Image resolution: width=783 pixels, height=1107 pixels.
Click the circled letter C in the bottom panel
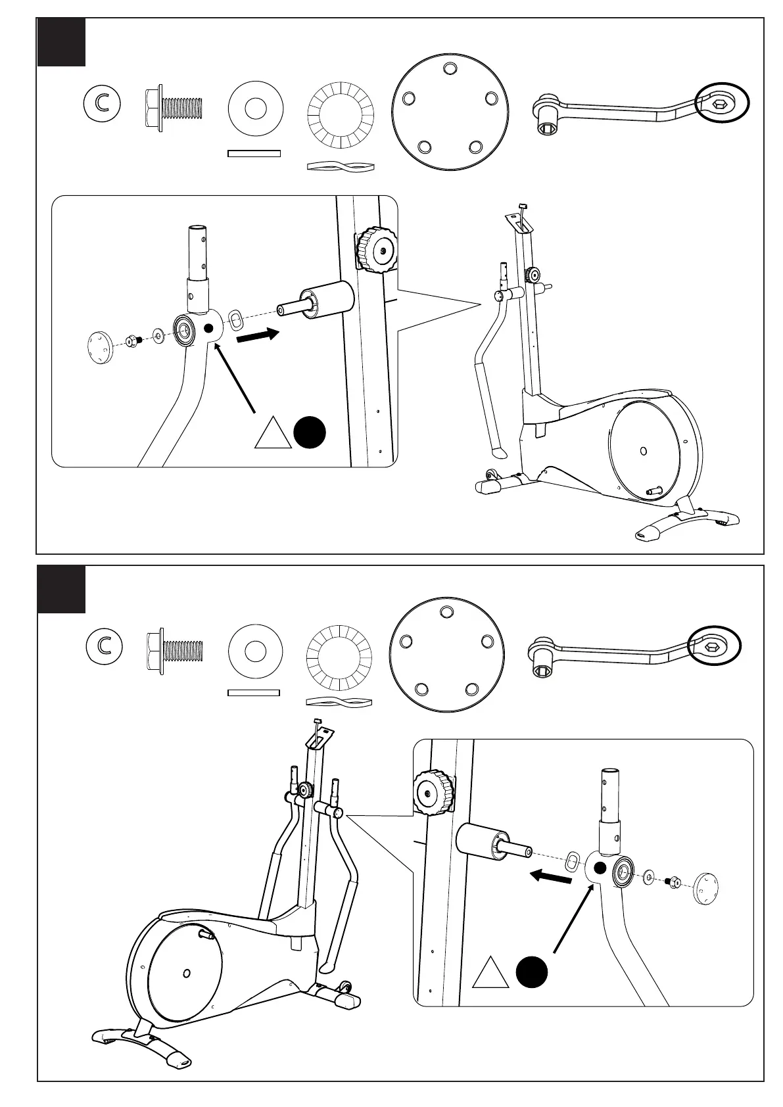click(x=104, y=645)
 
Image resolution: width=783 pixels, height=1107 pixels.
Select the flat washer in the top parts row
click(x=255, y=109)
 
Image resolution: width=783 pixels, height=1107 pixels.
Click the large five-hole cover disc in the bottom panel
click(x=446, y=654)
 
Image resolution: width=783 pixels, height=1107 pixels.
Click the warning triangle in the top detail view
click(x=273, y=435)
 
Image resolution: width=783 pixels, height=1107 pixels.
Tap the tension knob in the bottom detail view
click(x=433, y=791)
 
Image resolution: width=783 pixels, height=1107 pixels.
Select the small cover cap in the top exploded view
click(x=101, y=346)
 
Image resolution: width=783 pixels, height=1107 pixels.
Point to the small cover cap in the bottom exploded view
click(x=705, y=889)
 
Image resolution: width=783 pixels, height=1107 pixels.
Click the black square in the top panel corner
click(x=61, y=42)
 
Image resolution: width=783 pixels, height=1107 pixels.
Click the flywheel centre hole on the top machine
click(x=643, y=450)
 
